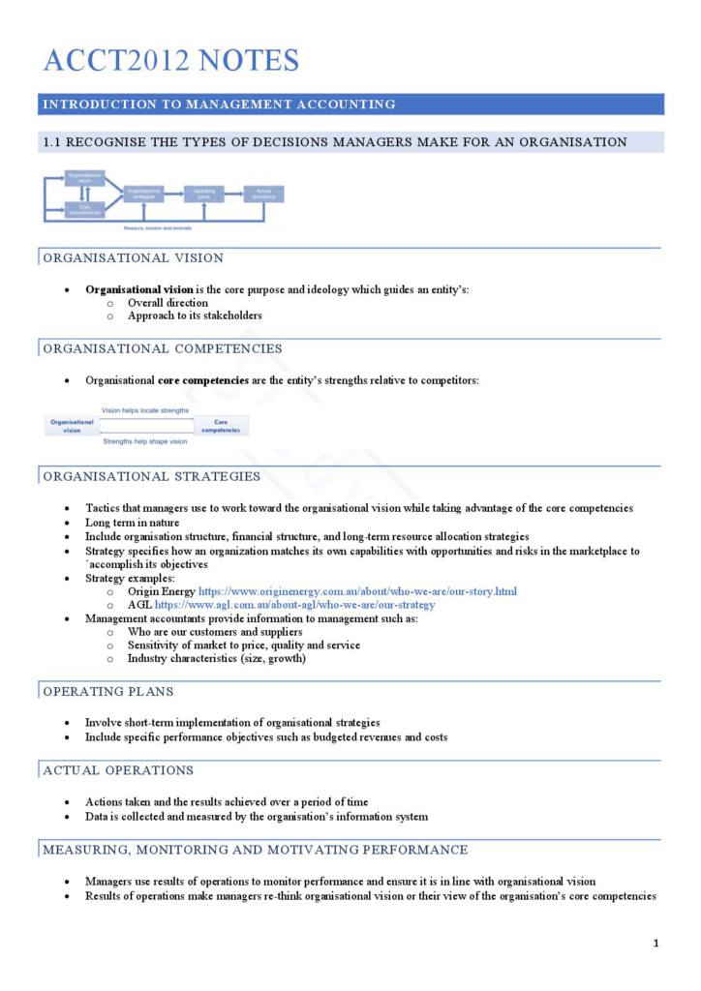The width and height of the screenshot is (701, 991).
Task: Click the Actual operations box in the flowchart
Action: click(x=263, y=195)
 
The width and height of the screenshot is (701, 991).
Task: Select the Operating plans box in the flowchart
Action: click(x=203, y=195)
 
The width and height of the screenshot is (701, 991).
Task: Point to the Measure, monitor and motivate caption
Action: click(x=157, y=228)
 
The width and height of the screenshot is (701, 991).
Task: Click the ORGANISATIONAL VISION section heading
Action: click(x=133, y=258)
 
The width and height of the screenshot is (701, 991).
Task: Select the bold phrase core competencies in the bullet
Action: click(x=202, y=380)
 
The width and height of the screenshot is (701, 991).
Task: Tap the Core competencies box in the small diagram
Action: click(x=221, y=426)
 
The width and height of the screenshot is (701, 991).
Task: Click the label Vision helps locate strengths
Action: click(x=145, y=410)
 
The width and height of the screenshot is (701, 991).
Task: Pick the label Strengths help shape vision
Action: click(x=145, y=441)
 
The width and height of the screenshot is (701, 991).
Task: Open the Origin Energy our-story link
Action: click(x=357, y=591)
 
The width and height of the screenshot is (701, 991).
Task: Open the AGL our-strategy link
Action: click(x=294, y=605)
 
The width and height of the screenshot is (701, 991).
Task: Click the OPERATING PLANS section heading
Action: click(x=107, y=692)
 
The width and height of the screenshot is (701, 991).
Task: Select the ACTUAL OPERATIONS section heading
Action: click(x=118, y=770)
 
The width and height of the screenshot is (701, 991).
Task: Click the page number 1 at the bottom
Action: click(x=655, y=944)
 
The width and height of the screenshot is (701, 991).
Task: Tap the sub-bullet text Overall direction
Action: click(x=168, y=303)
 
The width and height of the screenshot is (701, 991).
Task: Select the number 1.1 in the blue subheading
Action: click(x=52, y=142)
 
